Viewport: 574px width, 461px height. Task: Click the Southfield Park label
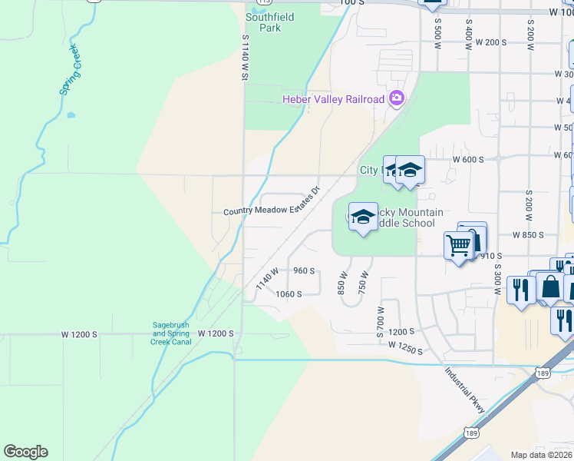click(264, 22)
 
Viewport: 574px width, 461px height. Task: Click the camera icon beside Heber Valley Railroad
click(396, 98)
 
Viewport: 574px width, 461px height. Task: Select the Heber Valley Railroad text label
click(332, 99)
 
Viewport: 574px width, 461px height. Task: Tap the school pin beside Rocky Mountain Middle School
click(363, 217)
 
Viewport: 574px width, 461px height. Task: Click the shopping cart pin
click(458, 247)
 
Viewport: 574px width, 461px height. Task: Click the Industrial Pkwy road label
click(465, 390)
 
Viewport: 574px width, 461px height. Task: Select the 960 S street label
click(304, 270)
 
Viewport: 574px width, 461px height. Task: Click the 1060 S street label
click(289, 294)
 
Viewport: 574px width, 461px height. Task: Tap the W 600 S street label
click(468, 159)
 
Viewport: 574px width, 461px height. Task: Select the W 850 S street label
click(529, 234)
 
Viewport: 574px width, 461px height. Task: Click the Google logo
click(25, 452)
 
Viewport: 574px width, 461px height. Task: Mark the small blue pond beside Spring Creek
click(71, 116)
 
